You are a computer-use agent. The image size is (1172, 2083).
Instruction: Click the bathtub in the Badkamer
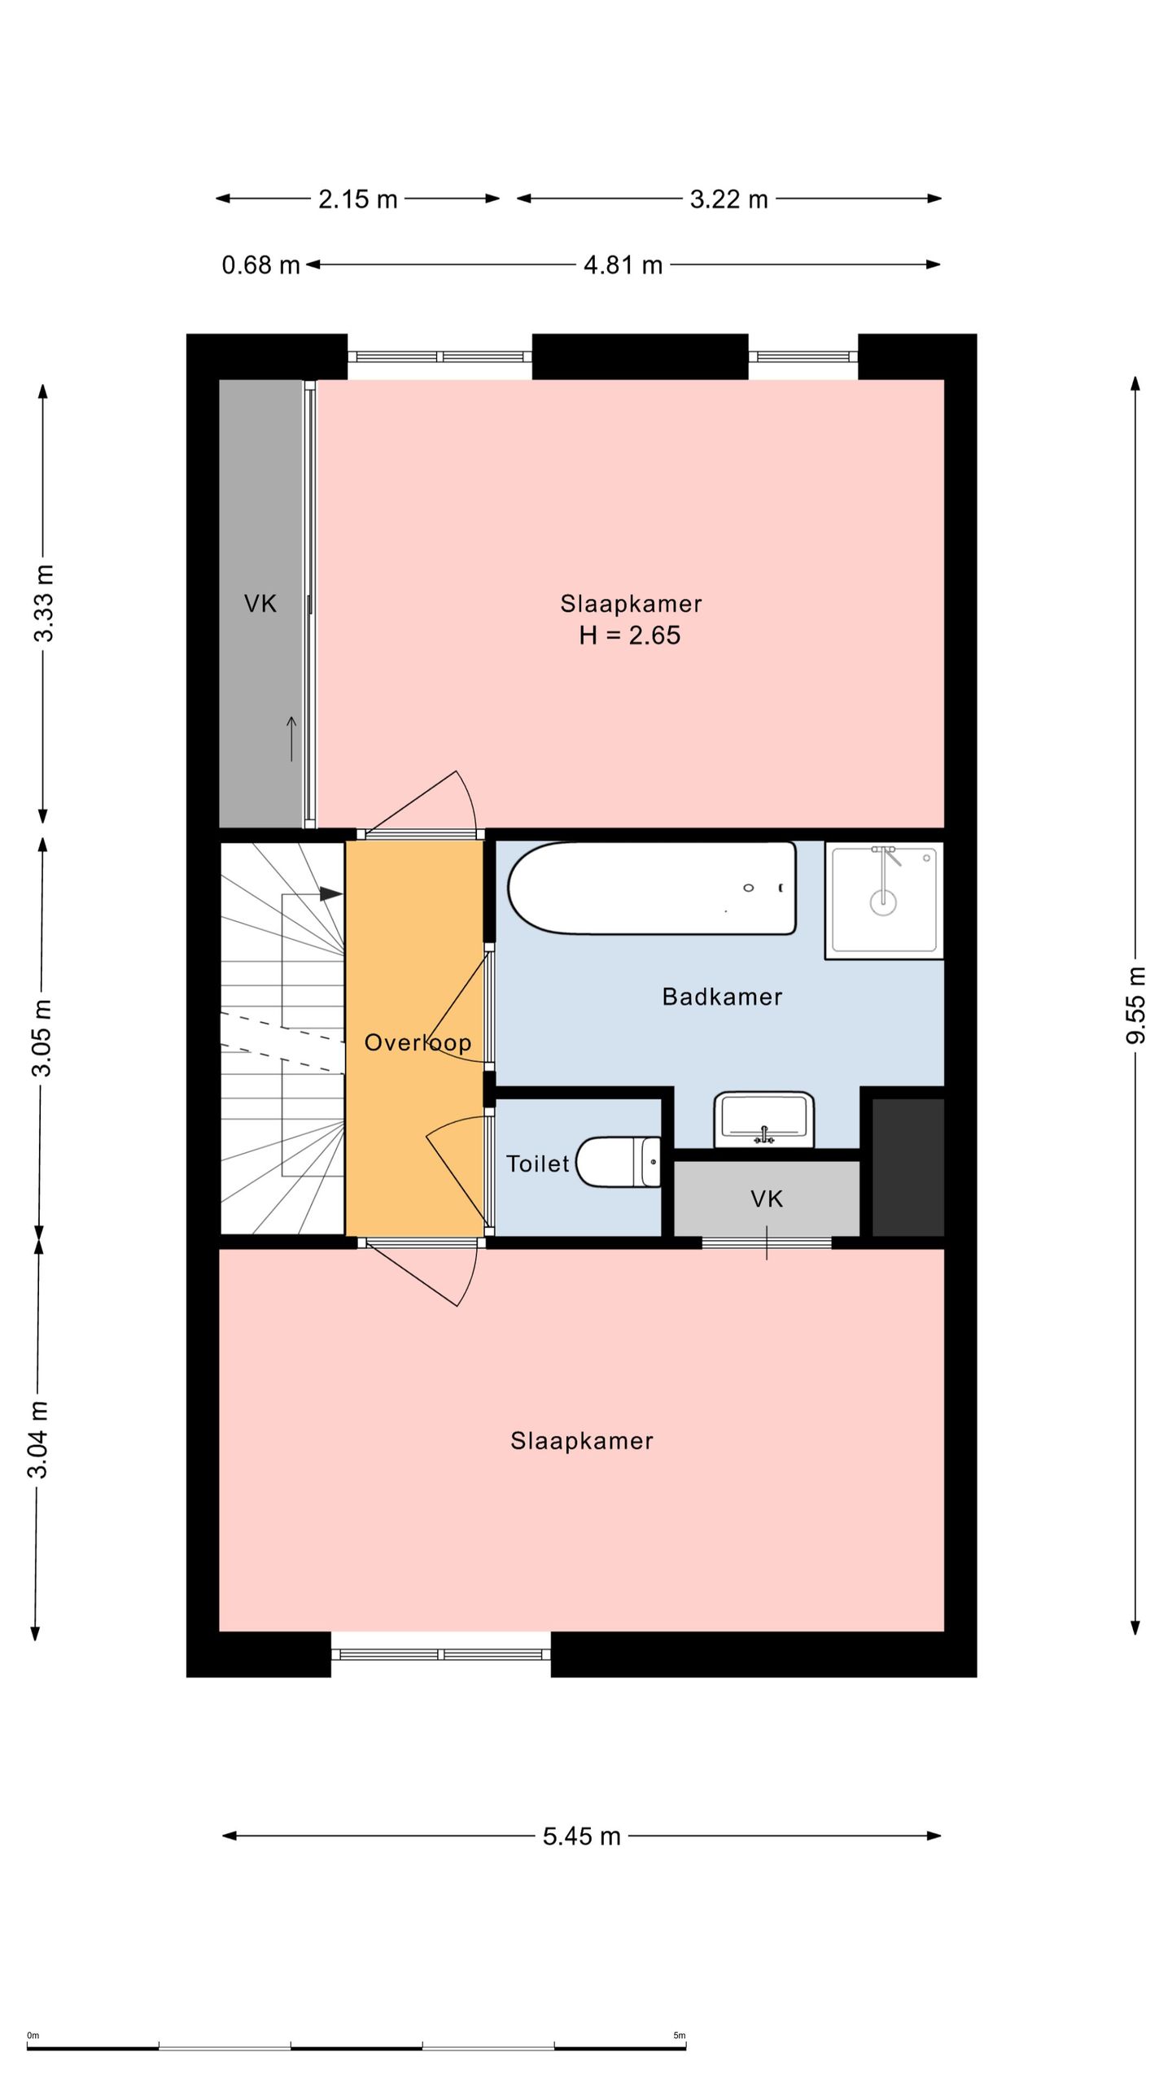click(x=651, y=888)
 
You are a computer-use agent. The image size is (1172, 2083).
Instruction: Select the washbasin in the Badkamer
click(x=763, y=1120)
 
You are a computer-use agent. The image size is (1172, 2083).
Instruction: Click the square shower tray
click(x=884, y=900)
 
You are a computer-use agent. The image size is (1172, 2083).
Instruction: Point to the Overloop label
click(x=418, y=1042)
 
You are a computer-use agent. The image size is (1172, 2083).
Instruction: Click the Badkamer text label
click(x=722, y=997)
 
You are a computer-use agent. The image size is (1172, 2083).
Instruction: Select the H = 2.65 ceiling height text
click(x=629, y=635)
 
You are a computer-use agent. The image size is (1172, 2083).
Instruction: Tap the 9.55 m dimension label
click(x=1136, y=1005)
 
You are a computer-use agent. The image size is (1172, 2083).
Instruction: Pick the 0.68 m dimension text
click(x=261, y=265)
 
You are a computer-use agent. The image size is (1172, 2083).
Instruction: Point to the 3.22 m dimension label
click(x=729, y=199)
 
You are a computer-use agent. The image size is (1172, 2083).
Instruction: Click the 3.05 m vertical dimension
click(x=41, y=1037)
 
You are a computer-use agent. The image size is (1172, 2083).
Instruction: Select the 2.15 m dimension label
click(x=358, y=199)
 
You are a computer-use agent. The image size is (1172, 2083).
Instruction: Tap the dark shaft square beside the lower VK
click(x=908, y=1167)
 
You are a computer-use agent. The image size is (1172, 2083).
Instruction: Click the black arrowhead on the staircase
click(x=330, y=893)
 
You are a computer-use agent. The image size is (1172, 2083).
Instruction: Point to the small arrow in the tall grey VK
click(x=291, y=739)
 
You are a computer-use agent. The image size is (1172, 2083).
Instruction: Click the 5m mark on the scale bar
click(x=680, y=2036)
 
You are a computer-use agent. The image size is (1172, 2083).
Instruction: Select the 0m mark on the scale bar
click(x=33, y=2036)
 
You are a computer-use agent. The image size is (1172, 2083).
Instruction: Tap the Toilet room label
click(x=537, y=1164)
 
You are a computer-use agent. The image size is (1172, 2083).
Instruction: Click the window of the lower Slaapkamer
click(x=441, y=1654)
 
